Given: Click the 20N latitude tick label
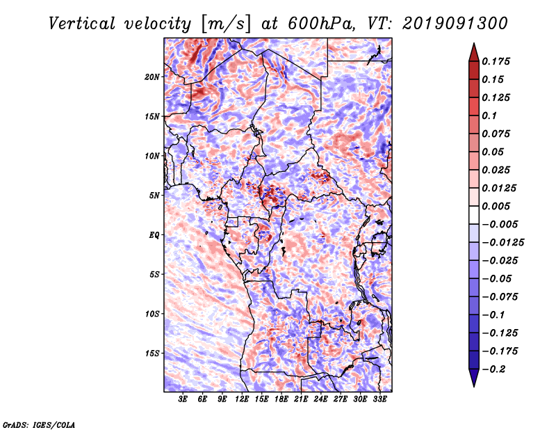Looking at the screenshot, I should coord(153,77).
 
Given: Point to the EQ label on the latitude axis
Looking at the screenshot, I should coord(154,235).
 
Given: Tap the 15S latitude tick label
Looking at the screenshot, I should coord(153,353).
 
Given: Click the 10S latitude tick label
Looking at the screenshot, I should coord(153,314).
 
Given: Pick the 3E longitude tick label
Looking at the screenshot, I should coord(183,400).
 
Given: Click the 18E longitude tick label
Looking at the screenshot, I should coord(281,400).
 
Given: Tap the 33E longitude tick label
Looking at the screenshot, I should coord(379,400).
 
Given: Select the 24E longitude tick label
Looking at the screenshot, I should coord(321,400).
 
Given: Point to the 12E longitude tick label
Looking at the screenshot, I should coord(243,400).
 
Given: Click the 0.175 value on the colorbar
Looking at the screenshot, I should coord(498,61).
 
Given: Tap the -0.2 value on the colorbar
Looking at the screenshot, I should coord(496,369).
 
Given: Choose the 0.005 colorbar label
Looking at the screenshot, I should coord(498,206).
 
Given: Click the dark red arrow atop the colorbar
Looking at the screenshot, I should coord(473,51).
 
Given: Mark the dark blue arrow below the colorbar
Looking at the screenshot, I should coord(473,378).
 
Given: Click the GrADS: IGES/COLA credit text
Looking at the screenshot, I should coord(39,424).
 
